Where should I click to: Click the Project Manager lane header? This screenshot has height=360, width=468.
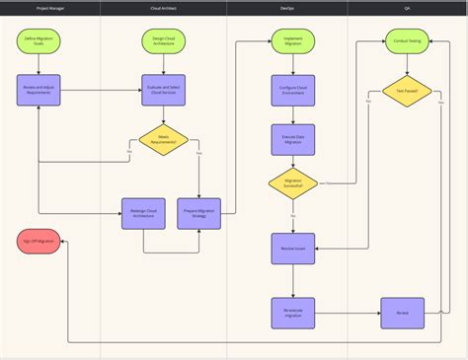coord(50,8)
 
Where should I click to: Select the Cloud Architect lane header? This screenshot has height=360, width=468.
coord(164,8)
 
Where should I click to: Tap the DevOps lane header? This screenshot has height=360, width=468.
coord(287,8)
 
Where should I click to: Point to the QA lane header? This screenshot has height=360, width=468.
coord(407,8)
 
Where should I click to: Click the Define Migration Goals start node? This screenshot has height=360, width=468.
coord(39,42)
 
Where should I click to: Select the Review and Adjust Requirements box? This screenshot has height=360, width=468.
coord(39,91)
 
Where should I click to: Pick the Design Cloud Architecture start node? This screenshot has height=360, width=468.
coord(163,42)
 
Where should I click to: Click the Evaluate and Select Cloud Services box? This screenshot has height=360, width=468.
coord(163,91)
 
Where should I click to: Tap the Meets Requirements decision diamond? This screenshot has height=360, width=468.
coord(163,140)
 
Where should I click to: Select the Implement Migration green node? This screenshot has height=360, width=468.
coord(293,42)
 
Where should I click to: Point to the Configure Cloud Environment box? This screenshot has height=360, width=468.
coord(293,91)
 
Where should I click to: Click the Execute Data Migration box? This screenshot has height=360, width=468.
coord(293,139)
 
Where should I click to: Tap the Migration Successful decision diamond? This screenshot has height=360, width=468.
coord(293,183)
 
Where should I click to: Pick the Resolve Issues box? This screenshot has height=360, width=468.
coord(293,249)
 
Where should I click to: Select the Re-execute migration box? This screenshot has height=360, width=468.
coord(293,313)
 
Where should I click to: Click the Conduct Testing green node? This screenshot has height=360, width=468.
coord(407,42)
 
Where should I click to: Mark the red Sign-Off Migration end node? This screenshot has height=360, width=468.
coord(38,242)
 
